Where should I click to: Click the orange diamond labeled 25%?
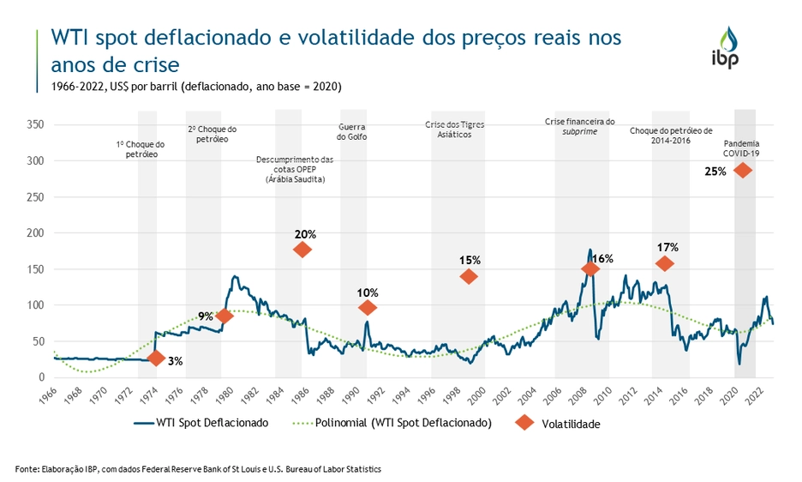742,170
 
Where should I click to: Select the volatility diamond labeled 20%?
302,250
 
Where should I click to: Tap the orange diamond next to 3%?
155,358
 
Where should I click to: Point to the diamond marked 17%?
664,263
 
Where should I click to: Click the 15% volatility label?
470,260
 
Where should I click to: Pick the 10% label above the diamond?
368,292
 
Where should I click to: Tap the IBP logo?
725,46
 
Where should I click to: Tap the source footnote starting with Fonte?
198,469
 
